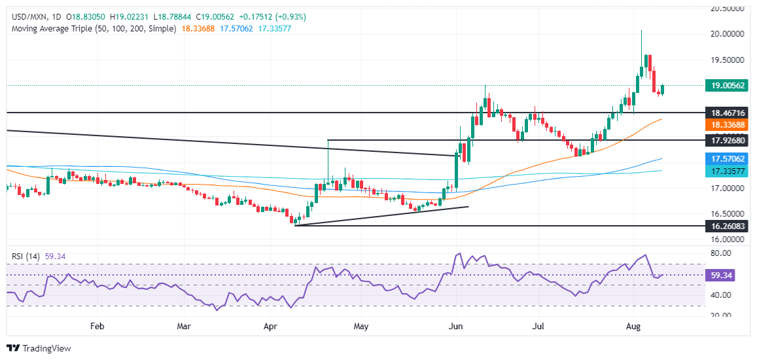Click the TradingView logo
click(x=39, y=348)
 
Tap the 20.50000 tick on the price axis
click(x=726, y=9)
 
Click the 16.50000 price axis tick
click(x=726, y=214)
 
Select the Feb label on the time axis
click(x=97, y=325)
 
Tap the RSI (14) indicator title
click(x=25, y=257)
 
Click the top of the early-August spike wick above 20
click(x=641, y=31)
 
